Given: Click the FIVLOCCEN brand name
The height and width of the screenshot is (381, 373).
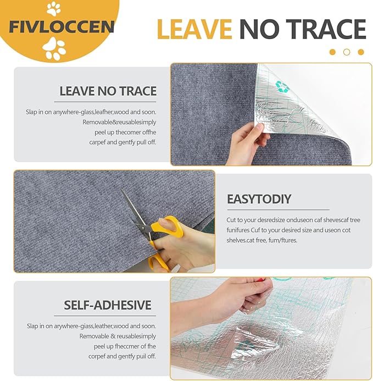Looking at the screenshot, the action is pyautogui.click(x=62, y=26).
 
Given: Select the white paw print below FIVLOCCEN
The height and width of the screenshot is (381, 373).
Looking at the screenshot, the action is pyautogui.click(x=54, y=48).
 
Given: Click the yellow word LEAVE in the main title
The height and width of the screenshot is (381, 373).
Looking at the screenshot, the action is pyautogui.click(x=194, y=29).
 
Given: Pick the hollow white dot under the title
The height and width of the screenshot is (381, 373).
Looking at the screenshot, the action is pyautogui.click(x=347, y=52).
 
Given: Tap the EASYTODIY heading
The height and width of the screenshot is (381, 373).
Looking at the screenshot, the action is pyautogui.click(x=259, y=199).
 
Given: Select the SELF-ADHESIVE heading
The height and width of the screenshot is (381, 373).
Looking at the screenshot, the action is pyautogui.click(x=107, y=305).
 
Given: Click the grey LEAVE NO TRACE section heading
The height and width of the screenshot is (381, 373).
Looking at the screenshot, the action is pyautogui.click(x=108, y=91).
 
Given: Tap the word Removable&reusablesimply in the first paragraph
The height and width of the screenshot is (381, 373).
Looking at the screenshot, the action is pyautogui.click(x=119, y=122).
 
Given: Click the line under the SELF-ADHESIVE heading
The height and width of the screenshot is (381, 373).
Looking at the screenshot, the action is pyautogui.click(x=105, y=316).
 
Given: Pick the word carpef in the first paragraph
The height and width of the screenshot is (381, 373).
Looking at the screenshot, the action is pyautogui.click(x=97, y=142).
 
